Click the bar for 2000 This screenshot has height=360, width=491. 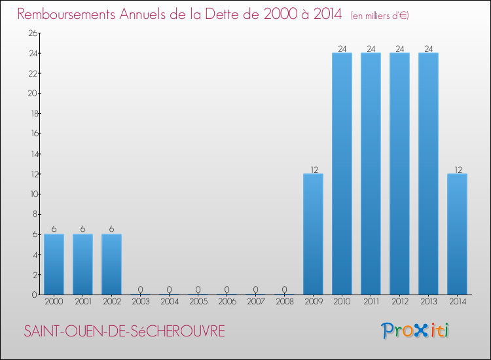click(54, 264)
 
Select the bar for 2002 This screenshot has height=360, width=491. click(111, 264)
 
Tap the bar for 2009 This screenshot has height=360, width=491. click(313, 234)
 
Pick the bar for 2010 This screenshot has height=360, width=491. click(342, 174)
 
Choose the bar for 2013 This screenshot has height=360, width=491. click(428, 174)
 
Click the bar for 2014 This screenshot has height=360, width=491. click(457, 234)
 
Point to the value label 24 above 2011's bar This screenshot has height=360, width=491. click(371, 48)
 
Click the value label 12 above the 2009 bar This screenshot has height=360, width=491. click(313, 170)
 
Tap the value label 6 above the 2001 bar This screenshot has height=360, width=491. click(82, 230)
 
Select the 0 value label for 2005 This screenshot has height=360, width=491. click(198, 290)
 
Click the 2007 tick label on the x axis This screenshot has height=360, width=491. click(255, 303)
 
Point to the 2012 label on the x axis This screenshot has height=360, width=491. click(399, 303)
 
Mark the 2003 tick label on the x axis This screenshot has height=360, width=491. click(140, 303)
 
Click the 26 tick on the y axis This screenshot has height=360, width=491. click(31, 33)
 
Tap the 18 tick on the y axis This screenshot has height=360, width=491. click(31, 114)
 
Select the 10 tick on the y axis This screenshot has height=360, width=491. click(31, 194)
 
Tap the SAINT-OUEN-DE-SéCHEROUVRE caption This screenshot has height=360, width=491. click(124, 332)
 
